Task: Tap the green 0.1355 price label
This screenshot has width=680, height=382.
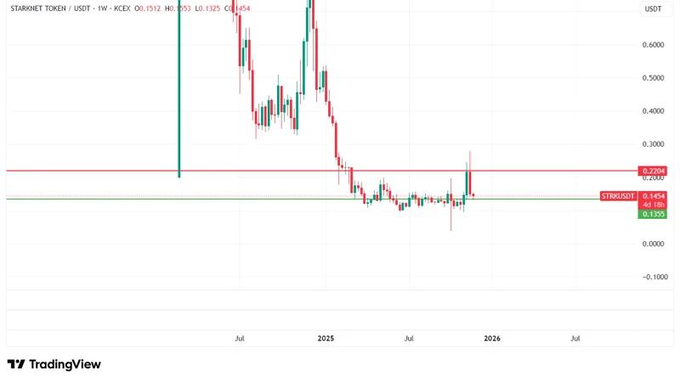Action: [x=653, y=214]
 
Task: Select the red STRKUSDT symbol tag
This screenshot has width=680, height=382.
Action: [x=618, y=196]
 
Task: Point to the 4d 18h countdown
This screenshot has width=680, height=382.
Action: [x=653, y=205]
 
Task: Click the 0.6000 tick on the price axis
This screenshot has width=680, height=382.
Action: [x=653, y=45]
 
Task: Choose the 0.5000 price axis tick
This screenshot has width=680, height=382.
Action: [x=653, y=78]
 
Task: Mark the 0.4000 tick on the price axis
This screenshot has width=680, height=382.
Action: [x=653, y=111]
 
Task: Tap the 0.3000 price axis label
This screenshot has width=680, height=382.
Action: [x=653, y=144]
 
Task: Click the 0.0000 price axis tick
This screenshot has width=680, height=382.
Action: [x=653, y=244]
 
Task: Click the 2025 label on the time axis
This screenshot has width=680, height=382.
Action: [x=326, y=338]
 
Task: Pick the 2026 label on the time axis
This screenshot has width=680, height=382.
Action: [x=492, y=338]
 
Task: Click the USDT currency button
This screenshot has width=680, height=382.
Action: [x=654, y=8]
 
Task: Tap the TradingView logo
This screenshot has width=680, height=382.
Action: [x=54, y=364]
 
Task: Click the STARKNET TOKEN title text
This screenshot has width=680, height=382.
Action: [x=40, y=8]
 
